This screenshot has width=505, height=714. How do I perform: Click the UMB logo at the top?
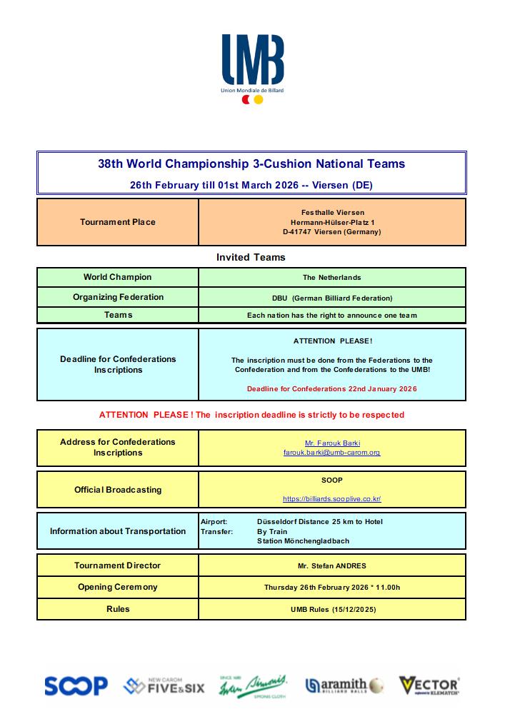coord(252,60)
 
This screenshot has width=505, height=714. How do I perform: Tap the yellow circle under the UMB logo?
coord(259,101)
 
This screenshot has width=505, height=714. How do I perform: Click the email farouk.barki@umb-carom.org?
coord(332,453)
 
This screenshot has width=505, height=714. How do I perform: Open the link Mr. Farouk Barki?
coord(332,443)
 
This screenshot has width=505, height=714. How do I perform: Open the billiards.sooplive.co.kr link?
coord(332,499)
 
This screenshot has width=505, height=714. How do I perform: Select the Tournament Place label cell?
coord(118,222)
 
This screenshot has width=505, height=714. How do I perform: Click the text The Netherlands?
coord(332,278)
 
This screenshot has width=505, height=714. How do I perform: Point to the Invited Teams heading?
coord(251,257)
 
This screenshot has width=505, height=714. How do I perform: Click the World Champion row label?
coord(118,277)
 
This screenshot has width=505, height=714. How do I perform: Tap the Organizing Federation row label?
coord(118,297)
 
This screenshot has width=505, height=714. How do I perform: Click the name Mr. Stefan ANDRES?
coord(332,566)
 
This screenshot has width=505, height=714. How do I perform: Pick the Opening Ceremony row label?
coord(118,587)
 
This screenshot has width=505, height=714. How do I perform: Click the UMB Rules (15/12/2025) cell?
coord(332,610)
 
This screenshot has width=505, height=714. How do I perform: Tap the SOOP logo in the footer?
coord(76,686)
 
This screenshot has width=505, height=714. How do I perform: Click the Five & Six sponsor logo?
coord(164,686)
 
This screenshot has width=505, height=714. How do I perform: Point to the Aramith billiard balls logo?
coord(345,686)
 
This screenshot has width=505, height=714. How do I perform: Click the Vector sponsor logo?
coord(429,686)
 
